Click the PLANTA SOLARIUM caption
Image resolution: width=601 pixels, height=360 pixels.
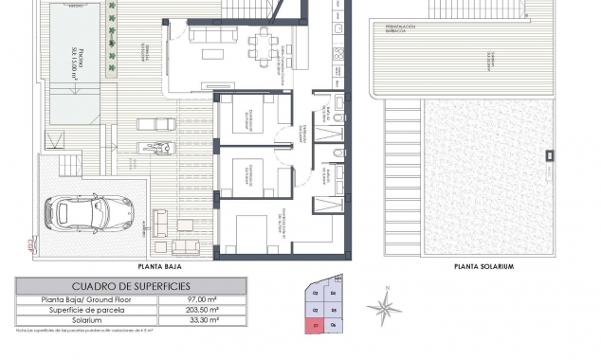pyautogui.click(x=483, y=267)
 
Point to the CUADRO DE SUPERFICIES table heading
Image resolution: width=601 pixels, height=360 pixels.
pyautogui.click(x=132, y=285)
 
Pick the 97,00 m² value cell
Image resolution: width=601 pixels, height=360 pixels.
pyautogui.click(x=203, y=298)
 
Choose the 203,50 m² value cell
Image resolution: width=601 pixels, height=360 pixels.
pyautogui.click(x=203, y=310)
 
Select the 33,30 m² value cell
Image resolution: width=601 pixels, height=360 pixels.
pyautogui.click(x=203, y=320)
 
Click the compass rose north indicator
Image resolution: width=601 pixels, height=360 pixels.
pyautogui.click(x=384, y=305)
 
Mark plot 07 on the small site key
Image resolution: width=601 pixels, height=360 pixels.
pyautogui.click(x=315, y=327)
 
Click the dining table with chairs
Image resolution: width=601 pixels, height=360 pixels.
pyautogui.click(x=260, y=42)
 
